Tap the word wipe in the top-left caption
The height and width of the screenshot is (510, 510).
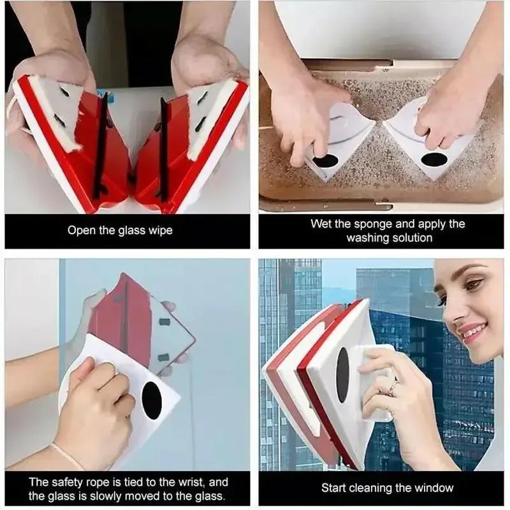(x=160, y=231)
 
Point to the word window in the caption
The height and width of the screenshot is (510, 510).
(x=435, y=488)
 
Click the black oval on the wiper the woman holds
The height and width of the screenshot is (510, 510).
(x=342, y=374)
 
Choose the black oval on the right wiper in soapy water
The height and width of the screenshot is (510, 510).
(x=433, y=160)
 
